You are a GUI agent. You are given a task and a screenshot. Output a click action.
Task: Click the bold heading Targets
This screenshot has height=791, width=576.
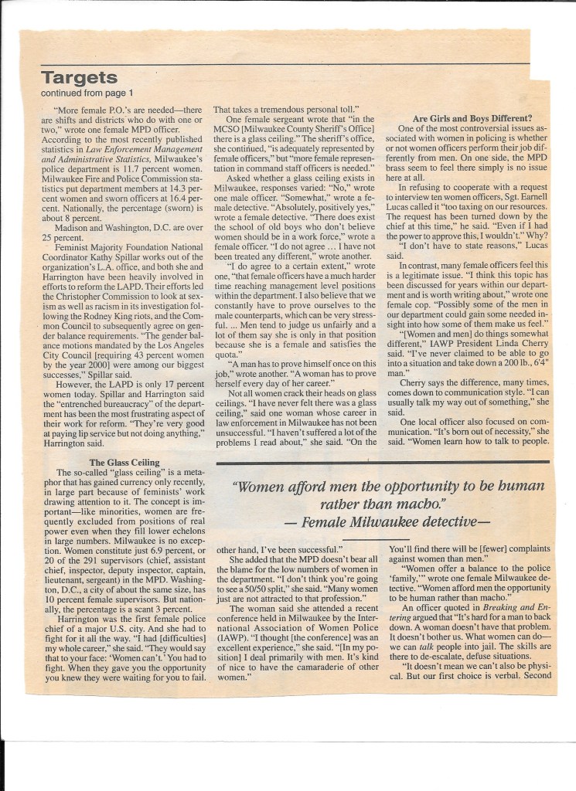point(79,77)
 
